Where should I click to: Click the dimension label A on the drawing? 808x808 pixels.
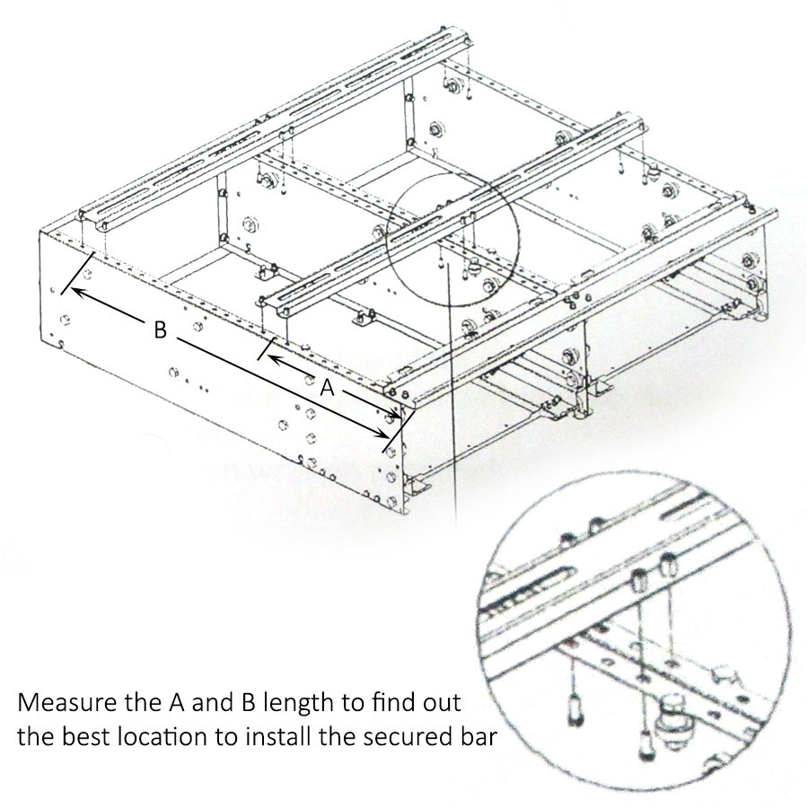pos(327,387)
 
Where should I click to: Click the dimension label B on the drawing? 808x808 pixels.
pos(161,329)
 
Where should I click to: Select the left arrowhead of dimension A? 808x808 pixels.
pos(273,357)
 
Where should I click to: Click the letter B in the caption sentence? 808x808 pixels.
pos(248,703)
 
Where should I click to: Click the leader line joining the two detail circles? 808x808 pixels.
pos(453,397)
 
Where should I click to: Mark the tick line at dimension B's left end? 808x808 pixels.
pos(77,273)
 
